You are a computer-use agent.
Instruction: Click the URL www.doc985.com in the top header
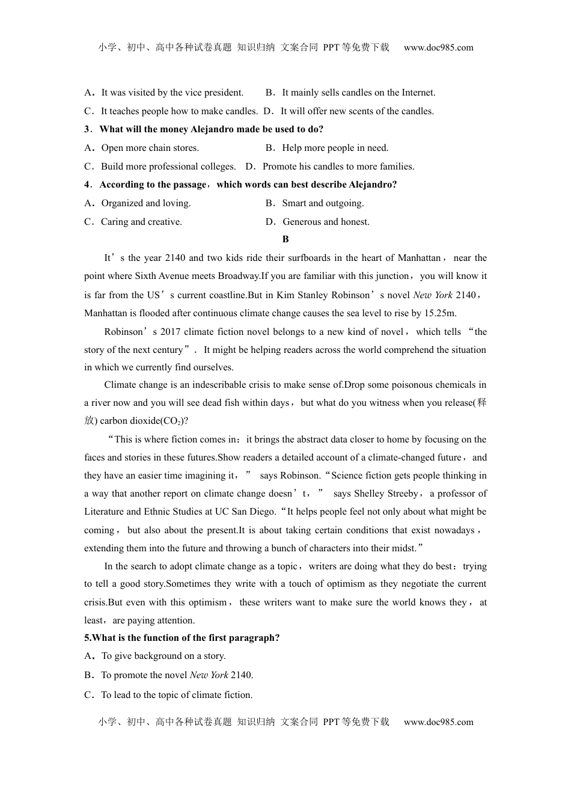[438, 47]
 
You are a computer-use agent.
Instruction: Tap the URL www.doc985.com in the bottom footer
[438, 722]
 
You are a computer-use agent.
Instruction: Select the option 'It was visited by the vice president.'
[172, 93]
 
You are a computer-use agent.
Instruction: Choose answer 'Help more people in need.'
[335, 148]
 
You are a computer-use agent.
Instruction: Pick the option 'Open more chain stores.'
[150, 148]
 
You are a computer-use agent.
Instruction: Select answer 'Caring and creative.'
[141, 222]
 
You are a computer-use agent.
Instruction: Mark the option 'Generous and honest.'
[326, 222]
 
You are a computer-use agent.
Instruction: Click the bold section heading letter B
[285, 239]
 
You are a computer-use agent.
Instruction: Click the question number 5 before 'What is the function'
[87, 638]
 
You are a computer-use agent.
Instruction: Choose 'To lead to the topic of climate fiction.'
[177, 695]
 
